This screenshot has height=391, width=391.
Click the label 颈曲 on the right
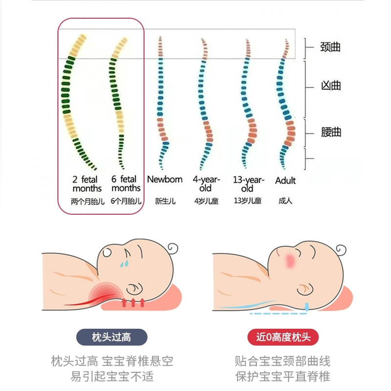pos(330,47)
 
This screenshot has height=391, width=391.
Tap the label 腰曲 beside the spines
pos(331,132)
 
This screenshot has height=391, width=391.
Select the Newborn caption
pos(165,180)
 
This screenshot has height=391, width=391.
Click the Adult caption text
pos(285,181)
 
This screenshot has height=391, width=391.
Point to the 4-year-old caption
pos(206,184)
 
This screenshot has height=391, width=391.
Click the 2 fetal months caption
pos(87,184)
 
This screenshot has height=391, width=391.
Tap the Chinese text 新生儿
pos(165,201)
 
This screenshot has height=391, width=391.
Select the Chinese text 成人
pos(285,201)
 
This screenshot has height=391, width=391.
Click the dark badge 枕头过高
pos(111,337)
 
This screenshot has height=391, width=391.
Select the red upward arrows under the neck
pos(133,302)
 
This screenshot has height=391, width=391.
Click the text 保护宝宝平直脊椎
pos(282,377)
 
